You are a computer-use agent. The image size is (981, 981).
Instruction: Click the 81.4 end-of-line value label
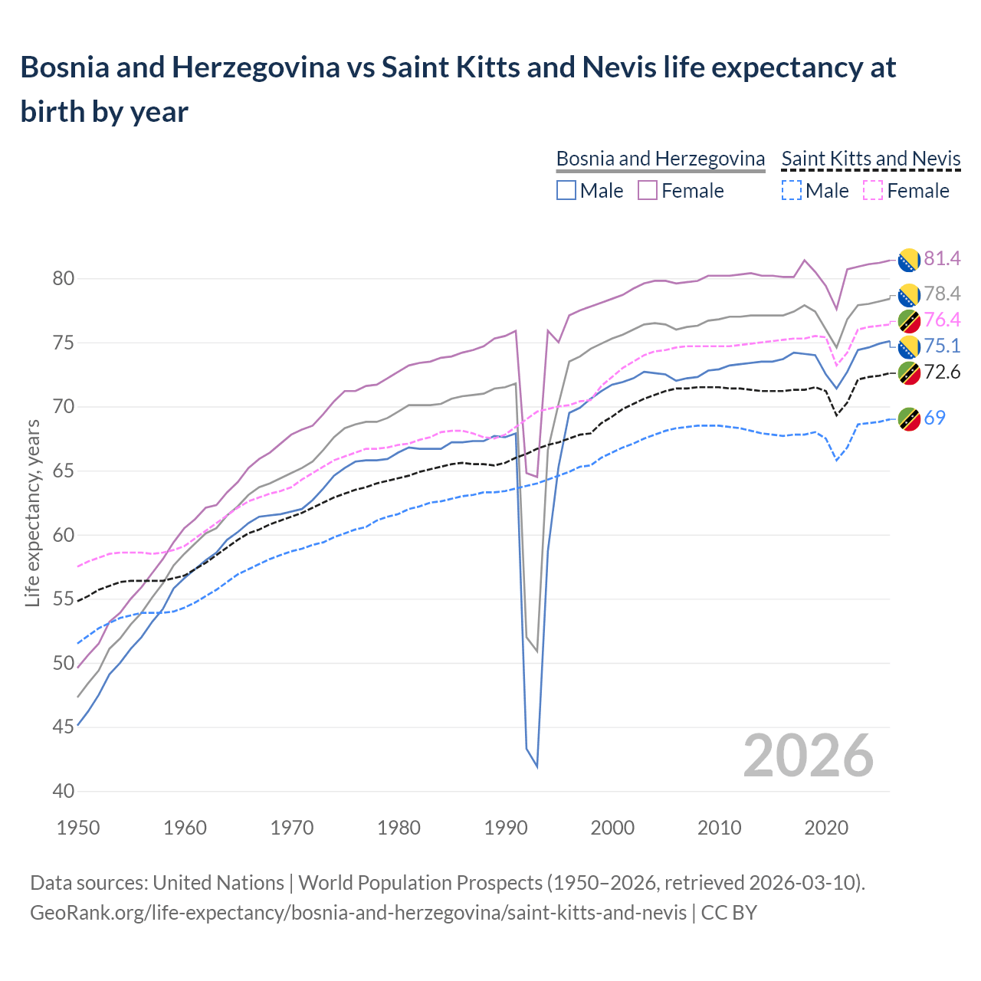coord(942,259)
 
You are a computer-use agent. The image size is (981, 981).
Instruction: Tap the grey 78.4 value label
coord(942,294)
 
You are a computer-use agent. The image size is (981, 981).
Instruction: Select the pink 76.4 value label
coord(942,320)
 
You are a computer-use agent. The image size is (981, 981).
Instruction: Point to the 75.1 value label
coord(942,346)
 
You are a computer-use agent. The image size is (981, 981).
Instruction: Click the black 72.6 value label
coord(942,372)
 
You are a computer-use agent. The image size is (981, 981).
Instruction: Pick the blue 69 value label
coord(934,418)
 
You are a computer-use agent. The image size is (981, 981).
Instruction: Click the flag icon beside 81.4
coord(909,260)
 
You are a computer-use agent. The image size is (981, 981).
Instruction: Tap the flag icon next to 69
coord(909,418)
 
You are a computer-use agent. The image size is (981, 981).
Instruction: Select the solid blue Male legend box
coord(566,190)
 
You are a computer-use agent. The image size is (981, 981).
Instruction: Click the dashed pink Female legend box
coord(873,190)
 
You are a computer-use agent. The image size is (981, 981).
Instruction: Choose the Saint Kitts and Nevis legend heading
coord(871,159)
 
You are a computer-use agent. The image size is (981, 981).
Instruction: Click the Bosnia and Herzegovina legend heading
coord(660,159)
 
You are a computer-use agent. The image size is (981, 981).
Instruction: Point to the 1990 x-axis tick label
coord(506,828)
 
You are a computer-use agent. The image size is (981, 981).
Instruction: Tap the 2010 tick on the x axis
coord(719,828)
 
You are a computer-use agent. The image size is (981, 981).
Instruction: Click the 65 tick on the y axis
coord(63,471)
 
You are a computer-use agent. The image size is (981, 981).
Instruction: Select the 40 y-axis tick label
coord(63,791)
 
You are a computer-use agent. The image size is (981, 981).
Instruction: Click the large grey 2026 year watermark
coord(809,756)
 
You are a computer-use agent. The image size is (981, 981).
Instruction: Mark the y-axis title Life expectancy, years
coord(32,513)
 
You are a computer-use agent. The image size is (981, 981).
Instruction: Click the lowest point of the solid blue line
coord(537,766)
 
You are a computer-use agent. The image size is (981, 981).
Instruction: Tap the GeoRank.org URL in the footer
coord(358,913)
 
